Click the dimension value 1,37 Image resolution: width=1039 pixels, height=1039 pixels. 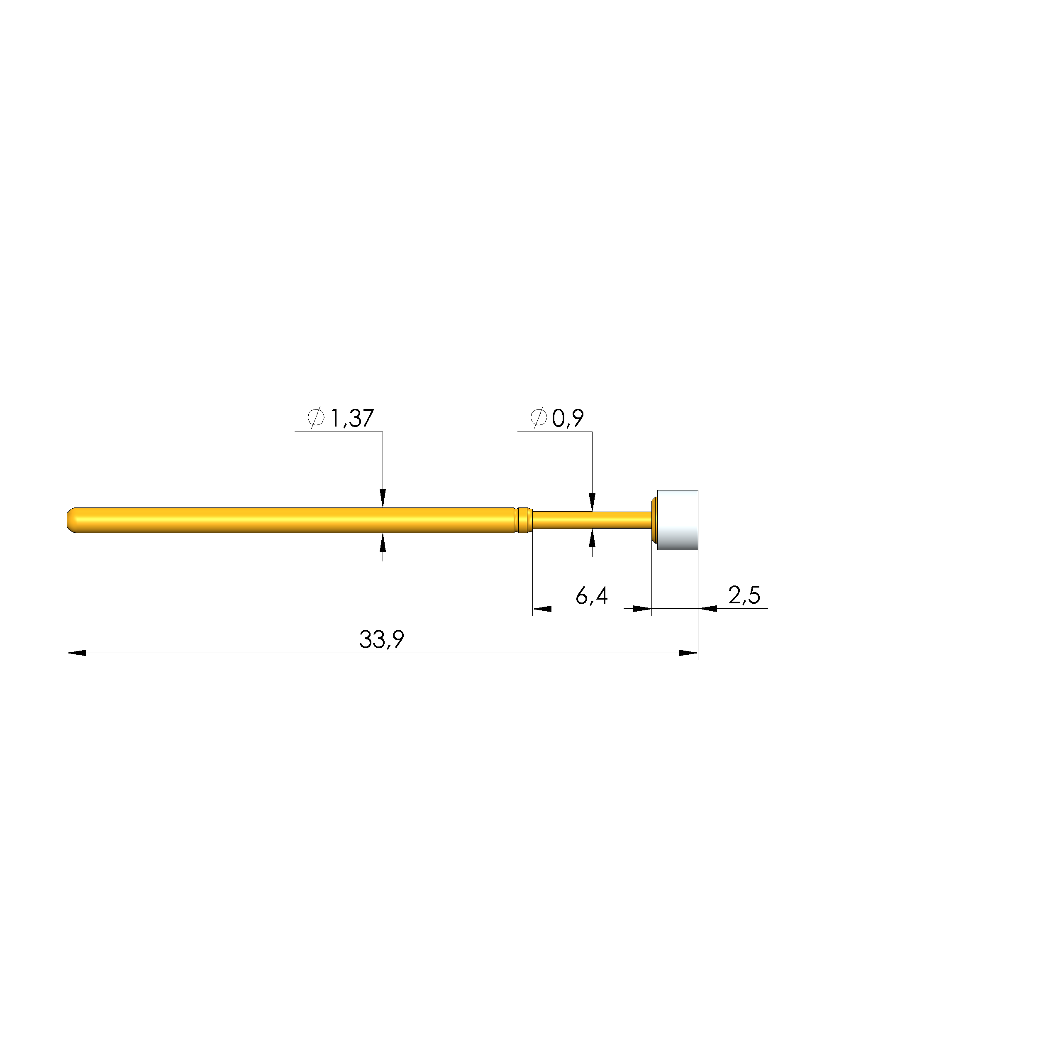click(352, 418)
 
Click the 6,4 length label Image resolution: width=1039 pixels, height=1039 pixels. click(592, 596)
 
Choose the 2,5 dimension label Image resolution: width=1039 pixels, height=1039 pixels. click(744, 595)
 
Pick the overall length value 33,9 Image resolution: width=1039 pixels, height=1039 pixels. click(381, 639)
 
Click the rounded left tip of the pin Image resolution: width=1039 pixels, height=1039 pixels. click(71, 520)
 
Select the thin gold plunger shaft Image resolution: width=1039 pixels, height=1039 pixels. click(592, 520)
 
